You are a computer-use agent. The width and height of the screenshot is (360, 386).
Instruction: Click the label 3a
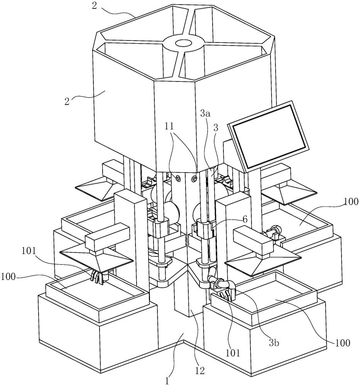point(206,114)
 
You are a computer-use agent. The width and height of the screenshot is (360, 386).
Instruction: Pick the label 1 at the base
point(167,381)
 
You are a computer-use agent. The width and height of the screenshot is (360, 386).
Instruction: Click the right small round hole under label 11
point(195,178)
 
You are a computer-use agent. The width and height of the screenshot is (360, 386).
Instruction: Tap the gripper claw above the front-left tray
point(98,277)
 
